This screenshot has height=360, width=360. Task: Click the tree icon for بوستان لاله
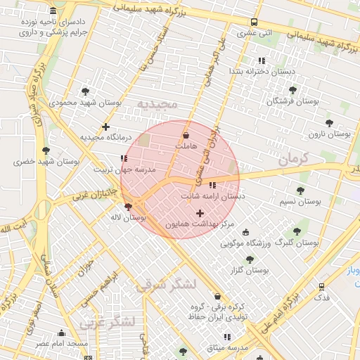click(x=127, y=207)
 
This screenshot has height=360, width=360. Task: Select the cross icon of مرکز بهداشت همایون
click(x=200, y=212)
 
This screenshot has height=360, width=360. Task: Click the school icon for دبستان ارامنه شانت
click(x=212, y=185)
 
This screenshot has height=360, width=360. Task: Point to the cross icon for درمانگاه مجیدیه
click(x=105, y=127)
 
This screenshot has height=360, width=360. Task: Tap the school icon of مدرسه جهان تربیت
click(x=124, y=158)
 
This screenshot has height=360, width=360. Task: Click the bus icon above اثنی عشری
click(x=254, y=21)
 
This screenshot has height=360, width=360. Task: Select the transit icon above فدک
click(x=321, y=287)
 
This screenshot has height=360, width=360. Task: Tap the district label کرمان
click(x=293, y=160)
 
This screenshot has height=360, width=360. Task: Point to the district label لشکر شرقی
click(x=167, y=284)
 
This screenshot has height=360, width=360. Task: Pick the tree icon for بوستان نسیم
click(x=300, y=191)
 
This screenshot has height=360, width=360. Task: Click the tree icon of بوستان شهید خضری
click(x=46, y=150)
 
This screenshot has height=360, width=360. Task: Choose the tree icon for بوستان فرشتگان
click(x=293, y=90)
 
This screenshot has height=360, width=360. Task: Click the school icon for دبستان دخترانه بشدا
click(x=262, y=60)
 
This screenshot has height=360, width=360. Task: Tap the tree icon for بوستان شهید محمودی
click(x=86, y=91)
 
